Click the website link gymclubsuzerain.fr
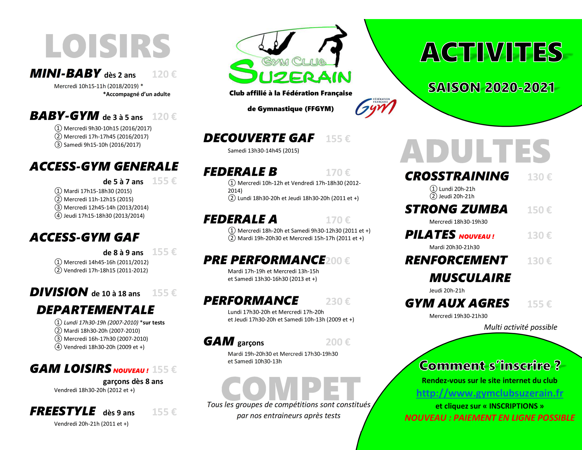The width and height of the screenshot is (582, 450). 490,393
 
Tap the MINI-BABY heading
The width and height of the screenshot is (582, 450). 65,73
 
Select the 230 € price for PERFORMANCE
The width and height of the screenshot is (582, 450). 338,301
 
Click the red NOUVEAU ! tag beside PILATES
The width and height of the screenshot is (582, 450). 477,236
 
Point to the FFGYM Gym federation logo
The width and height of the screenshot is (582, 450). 375,108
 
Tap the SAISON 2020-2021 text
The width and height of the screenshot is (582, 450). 491,88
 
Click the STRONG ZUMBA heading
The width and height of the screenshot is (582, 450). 456,209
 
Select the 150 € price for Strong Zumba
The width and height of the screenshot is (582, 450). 539,210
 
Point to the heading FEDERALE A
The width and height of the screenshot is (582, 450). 240,219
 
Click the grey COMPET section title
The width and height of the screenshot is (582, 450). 291,389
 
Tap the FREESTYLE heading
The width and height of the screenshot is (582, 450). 63,411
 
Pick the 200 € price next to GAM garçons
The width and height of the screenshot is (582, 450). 338,342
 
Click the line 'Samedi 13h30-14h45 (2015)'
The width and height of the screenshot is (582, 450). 263,150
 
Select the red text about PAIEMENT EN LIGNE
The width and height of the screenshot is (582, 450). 490,418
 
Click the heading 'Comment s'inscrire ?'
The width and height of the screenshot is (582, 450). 490,366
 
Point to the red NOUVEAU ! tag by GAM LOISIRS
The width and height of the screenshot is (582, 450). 131,371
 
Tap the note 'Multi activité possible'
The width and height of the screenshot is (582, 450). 521,327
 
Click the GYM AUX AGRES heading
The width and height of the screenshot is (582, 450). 457,304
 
